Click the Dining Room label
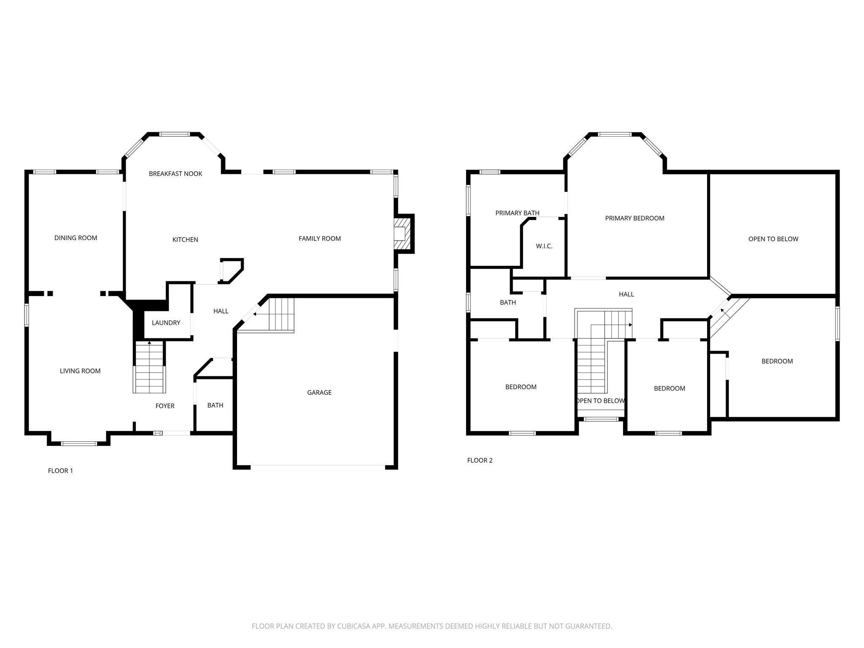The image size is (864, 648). pos(76,238)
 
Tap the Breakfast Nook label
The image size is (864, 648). pos(175,174)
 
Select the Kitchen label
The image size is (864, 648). pos(185,240)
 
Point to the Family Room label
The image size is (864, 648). pos(320,239)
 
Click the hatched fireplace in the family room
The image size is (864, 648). pos(402,234)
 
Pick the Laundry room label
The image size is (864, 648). pos(166,323)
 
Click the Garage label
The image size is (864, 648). pos(319,393)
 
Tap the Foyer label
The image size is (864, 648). pos(165,406)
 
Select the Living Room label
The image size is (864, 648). pos(80,371)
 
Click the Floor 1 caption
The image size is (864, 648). pos(60,471)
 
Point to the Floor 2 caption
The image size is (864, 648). pos(480,460)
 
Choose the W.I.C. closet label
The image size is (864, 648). pos(544,246)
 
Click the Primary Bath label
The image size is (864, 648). pos(517,213)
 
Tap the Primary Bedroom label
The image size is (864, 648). pos(635,219)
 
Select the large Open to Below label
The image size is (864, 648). pos(773,239)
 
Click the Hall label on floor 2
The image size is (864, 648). pos(626,294)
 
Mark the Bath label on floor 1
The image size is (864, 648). pos(215,405)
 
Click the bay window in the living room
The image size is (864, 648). pos(79,443)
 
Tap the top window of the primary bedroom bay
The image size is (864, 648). pos(615,134)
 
